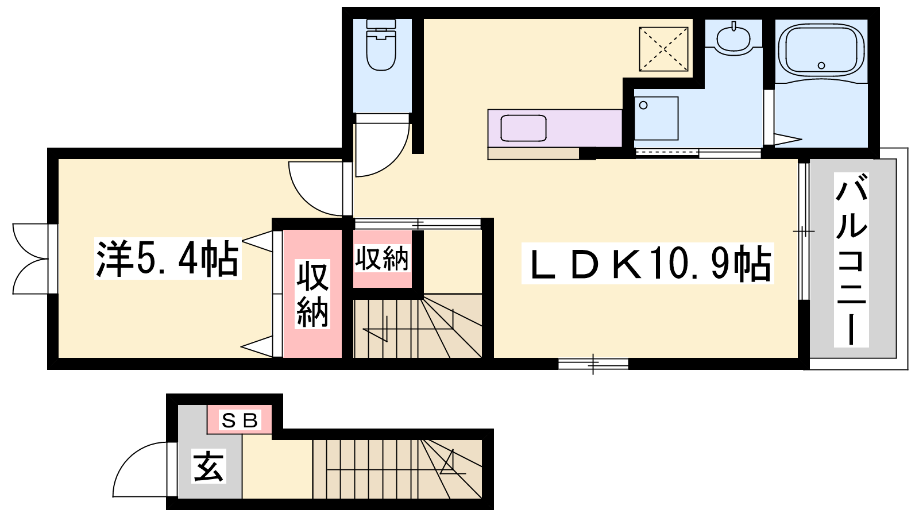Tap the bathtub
tap(821, 51)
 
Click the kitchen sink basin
tap(523, 128)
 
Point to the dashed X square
tap(663, 49)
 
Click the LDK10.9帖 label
tap(648, 263)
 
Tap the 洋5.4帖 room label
tap(168, 259)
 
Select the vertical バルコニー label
tap(851, 260)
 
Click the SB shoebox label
tap(240, 420)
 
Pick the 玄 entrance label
tap(209, 466)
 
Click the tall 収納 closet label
tap(312, 294)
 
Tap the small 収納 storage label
tap(381, 258)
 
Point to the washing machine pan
tap(656, 118)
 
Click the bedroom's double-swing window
tap(35, 259)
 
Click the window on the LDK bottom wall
tap(593, 364)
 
